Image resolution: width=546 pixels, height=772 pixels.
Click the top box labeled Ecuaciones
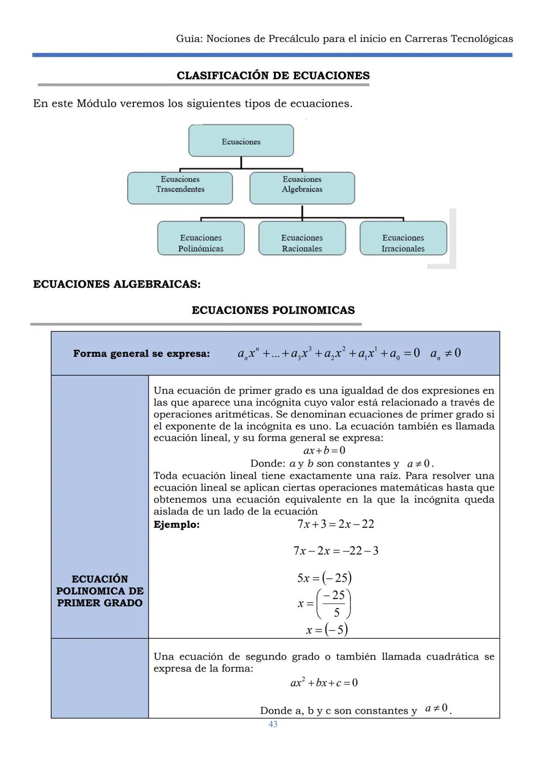pyautogui.click(x=241, y=141)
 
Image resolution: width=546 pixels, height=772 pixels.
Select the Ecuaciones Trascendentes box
pyautogui.click(x=180, y=188)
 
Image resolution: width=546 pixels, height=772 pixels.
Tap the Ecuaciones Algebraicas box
pyautogui.click(x=302, y=188)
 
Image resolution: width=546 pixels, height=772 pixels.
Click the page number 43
pyautogui.click(x=273, y=724)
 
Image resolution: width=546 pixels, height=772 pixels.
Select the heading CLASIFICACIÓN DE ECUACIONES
pyautogui.click(x=273, y=75)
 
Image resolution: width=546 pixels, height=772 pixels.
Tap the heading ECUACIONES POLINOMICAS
pyautogui.click(x=273, y=310)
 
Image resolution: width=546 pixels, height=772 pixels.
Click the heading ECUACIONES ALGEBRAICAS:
pyautogui.click(x=117, y=284)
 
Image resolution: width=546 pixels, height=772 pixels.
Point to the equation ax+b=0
pyautogui.click(x=324, y=450)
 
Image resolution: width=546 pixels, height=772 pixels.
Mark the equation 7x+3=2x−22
pyautogui.click(x=336, y=524)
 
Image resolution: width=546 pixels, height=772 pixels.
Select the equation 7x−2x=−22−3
pyautogui.click(x=336, y=551)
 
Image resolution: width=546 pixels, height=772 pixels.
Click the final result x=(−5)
pyautogui.click(x=327, y=630)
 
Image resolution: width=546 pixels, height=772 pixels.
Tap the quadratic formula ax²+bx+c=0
pyautogui.click(x=324, y=683)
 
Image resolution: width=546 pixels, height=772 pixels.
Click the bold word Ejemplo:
pyautogui.click(x=176, y=524)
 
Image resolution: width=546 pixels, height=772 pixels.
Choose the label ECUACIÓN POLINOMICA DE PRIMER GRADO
pyautogui.click(x=100, y=591)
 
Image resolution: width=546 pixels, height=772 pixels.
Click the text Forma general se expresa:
pyautogui.click(x=141, y=353)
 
